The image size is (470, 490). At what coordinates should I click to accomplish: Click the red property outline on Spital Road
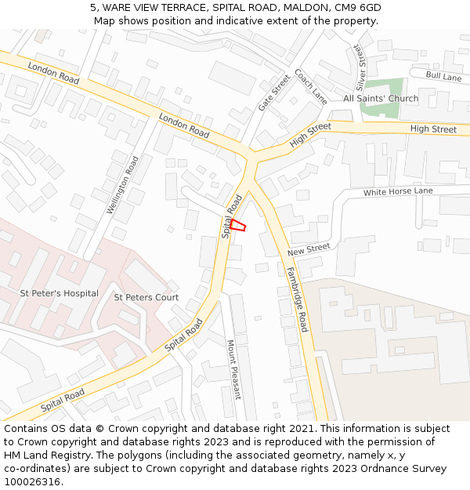click(238, 225)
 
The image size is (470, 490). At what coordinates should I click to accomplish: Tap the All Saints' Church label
click(381, 99)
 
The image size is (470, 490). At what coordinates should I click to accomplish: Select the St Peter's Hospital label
click(60, 293)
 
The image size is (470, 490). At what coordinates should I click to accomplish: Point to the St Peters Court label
click(146, 297)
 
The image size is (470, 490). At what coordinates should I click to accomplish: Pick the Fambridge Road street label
click(297, 299)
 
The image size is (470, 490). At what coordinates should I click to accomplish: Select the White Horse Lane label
click(398, 191)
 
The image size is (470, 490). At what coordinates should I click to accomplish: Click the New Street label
click(309, 250)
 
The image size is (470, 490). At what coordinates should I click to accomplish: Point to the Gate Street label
click(274, 93)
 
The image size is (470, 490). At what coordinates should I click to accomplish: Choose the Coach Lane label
click(311, 86)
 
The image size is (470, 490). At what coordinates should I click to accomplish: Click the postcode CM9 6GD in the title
click(360, 7)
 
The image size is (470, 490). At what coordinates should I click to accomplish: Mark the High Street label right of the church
click(433, 129)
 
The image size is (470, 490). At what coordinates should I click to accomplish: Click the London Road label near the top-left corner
click(53, 74)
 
